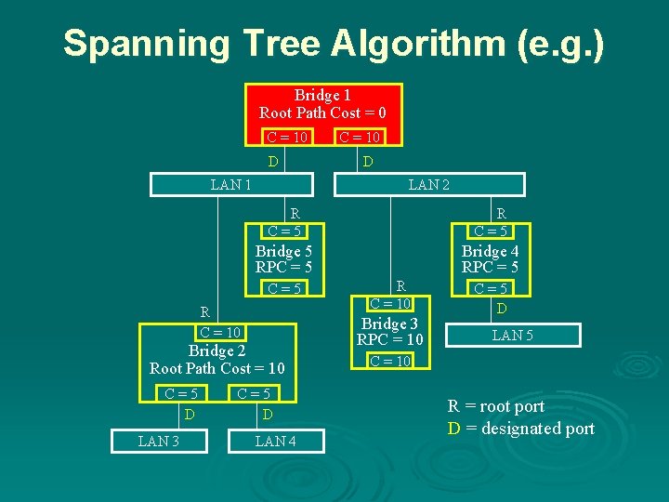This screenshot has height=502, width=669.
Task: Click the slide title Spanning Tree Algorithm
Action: (x=334, y=44)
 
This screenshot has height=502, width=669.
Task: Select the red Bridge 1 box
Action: (x=322, y=104)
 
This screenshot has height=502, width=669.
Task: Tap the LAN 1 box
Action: (x=230, y=184)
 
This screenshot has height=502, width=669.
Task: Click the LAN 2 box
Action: (x=428, y=184)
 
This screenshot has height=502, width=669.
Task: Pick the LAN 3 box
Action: (x=159, y=442)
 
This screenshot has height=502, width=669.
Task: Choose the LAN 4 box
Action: (x=276, y=442)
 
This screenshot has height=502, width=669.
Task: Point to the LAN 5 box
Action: (x=512, y=335)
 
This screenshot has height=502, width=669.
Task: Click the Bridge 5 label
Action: (x=283, y=251)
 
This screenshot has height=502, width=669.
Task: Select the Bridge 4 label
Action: (x=490, y=251)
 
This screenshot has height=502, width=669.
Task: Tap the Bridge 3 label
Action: (x=389, y=324)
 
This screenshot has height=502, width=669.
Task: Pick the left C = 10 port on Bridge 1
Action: (x=287, y=138)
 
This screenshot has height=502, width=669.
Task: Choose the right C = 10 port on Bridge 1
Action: (x=359, y=138)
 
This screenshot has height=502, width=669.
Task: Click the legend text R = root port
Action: (x=496, y=406)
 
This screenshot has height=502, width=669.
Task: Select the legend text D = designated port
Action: (x=520, y=429)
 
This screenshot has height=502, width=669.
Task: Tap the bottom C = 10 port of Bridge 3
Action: (x=390, y=361)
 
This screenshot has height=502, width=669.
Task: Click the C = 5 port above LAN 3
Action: (x=179, y=394)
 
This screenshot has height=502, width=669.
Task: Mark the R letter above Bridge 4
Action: (x=502, y=213)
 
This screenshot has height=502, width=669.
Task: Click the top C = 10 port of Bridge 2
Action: (x=220, y=333)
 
